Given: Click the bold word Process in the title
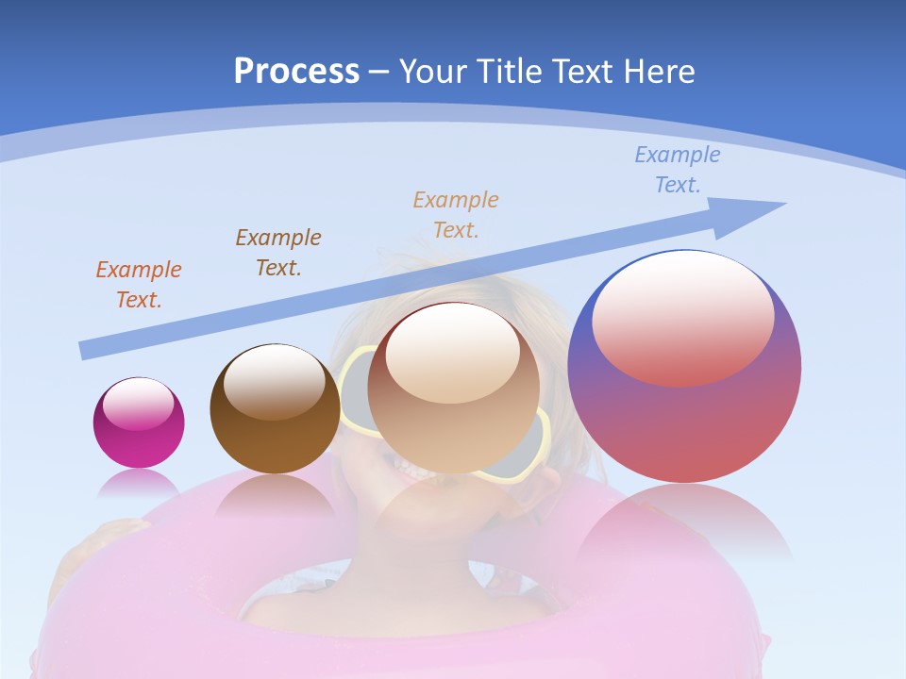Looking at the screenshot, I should tap(296, 72).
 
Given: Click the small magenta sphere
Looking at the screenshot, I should tap(139, 439).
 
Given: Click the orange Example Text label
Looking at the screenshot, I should tap(139, 285).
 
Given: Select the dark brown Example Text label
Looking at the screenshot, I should tap(278, 253).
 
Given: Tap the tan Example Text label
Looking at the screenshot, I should tap(456, 214).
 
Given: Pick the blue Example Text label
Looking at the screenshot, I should tap(677, 170).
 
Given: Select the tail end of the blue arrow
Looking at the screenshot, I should tap(87, 350).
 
